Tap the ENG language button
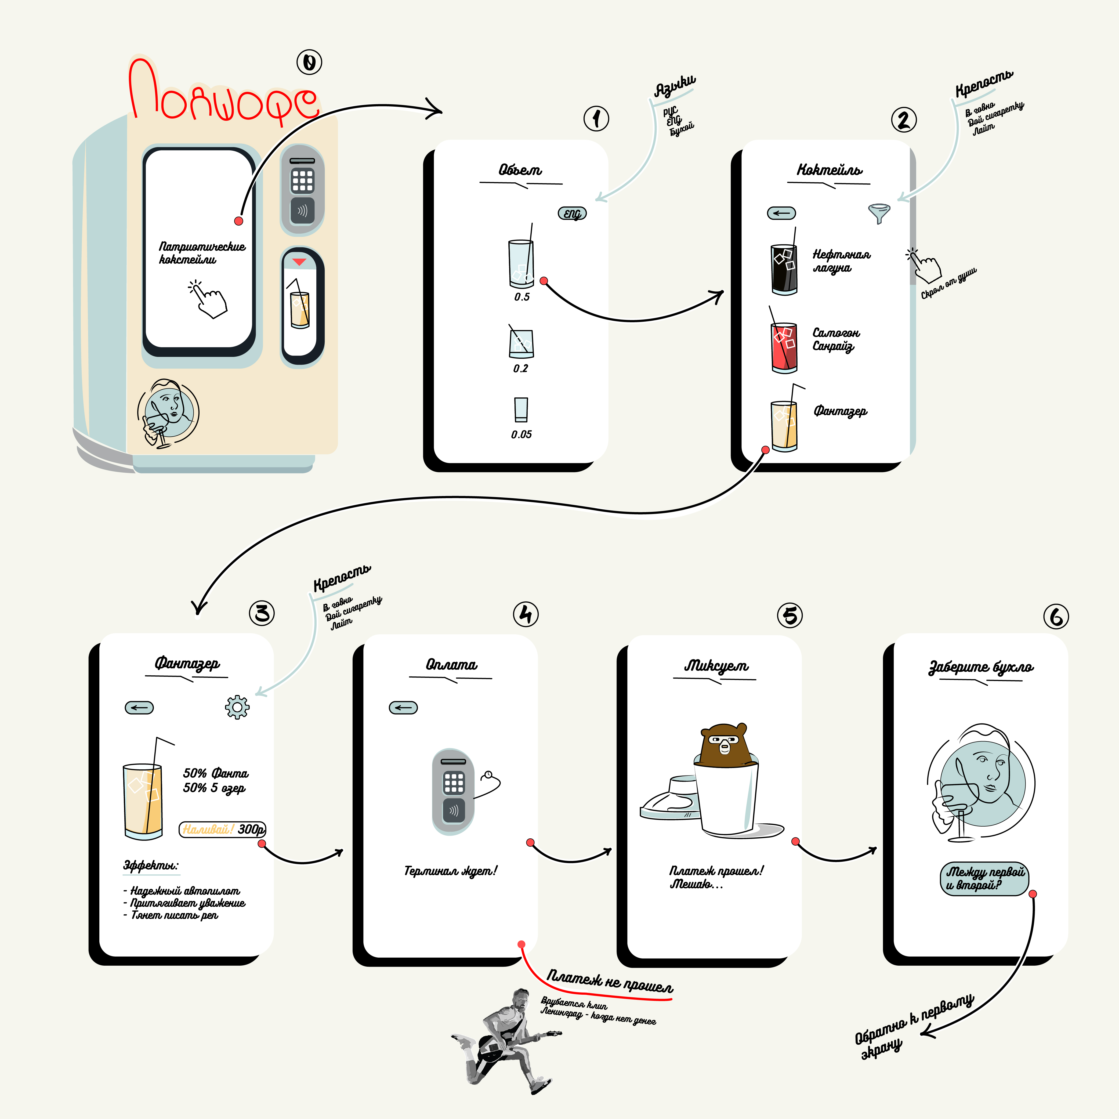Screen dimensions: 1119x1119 point(572,214)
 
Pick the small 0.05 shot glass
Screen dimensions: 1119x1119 point(521,410)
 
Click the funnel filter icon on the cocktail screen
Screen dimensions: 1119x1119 point(879,213)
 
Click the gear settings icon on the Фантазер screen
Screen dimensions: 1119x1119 point(237,707)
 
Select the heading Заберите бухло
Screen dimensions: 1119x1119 point(981,667)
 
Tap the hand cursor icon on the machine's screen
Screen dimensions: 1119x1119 point(208,299)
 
